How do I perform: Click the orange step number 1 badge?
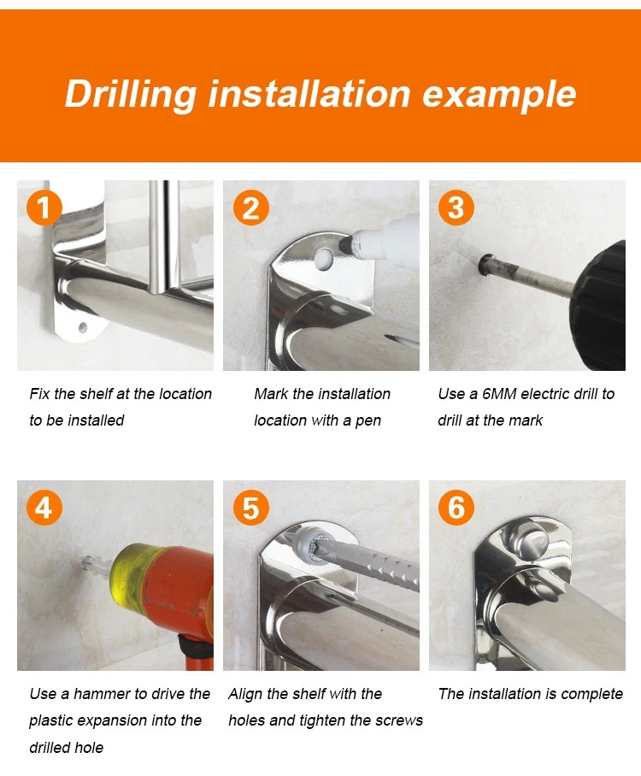[x=44, y=208]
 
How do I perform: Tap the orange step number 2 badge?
[x=251, y=208]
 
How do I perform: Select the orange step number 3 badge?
[x=456, y=208]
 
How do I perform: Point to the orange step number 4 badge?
[x=44, y=508]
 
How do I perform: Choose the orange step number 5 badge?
[x=251, y=508]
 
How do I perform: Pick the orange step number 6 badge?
[x=456, y=508]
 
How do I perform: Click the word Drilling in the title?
[x=131, y=94]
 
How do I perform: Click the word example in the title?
[x=499, y=94]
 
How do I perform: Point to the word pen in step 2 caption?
[x=368, y=421]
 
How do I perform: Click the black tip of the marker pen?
[x=345, y=243]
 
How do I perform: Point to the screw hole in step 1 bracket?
[x=83, y=327]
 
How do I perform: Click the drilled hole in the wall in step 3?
[x=485, y=263]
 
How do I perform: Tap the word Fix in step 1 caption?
[x=39, y=394]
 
